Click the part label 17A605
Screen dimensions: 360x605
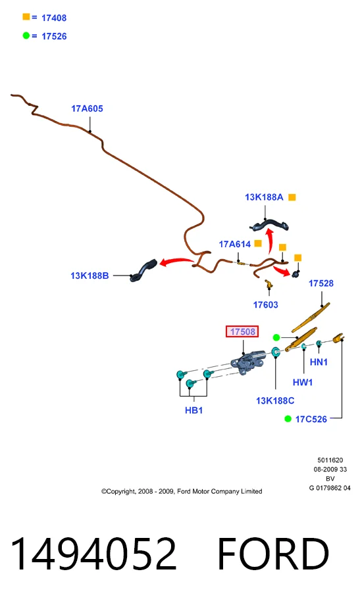87,109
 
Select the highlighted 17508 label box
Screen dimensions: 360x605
242,331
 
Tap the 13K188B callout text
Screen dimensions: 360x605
90,276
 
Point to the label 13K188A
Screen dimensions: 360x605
264,197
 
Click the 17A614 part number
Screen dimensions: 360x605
235,244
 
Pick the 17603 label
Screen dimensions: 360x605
265,305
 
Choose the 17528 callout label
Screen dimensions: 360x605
321,283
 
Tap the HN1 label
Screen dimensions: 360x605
319,362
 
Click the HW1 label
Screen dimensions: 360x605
303,382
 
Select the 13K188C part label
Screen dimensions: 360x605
275,401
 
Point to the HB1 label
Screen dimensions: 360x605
194,410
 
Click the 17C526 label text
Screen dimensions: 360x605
311,420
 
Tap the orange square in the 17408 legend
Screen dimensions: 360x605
26,16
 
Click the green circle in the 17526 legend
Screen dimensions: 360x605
26,36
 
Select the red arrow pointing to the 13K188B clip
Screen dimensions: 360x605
176,262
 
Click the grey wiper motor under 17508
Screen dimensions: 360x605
247,362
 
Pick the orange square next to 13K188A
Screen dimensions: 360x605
292,197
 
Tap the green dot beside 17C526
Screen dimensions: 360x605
288,419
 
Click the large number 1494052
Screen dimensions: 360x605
93,554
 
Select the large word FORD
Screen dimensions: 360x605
273,554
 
